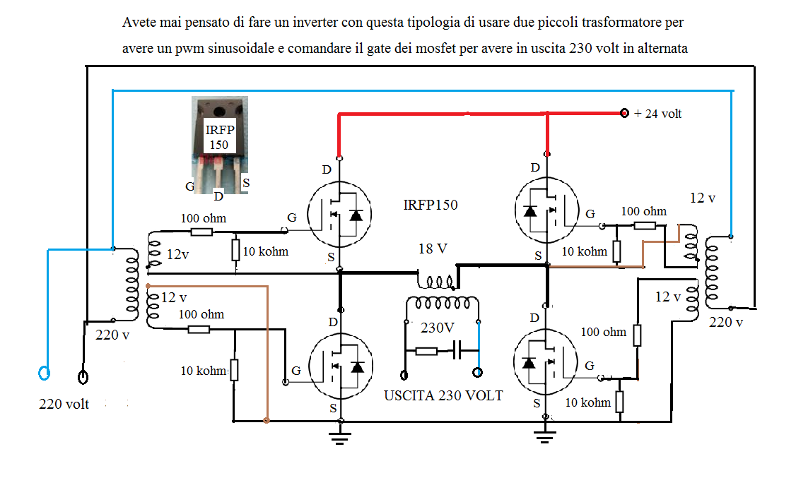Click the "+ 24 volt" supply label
pos(657,114)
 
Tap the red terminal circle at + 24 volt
pos(624,113)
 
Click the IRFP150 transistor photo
pos(219,145)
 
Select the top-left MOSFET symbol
pos(339,213)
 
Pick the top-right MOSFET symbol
pos(546,210)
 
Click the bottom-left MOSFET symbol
pos(341,366)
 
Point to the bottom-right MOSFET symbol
pos(546,361)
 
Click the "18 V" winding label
pos(433,249)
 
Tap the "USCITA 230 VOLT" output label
pos(443,395)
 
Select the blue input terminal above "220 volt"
pos(44,374)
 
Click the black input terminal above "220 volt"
pos(83,377)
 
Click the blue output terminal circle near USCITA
pos(477,372)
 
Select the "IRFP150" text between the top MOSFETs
pos(431,205)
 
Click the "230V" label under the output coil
pos(437,328)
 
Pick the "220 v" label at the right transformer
pos(726,322)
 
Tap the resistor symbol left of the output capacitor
pos(426,350)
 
